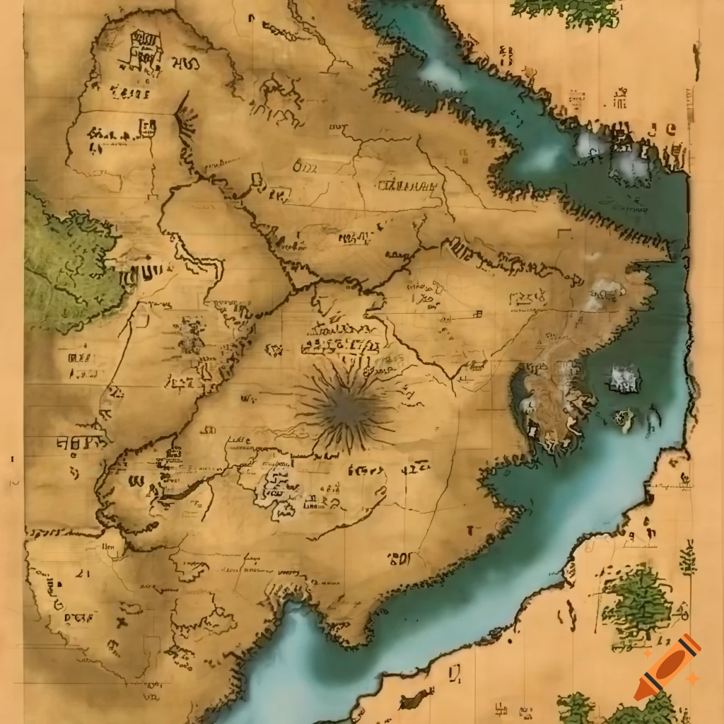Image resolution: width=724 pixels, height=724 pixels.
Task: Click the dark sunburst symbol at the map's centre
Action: click(x=345, y=408)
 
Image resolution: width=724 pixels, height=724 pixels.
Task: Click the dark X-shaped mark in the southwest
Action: click(x=122, y=622)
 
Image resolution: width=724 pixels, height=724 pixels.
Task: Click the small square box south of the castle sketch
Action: click(x=149, y=128)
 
